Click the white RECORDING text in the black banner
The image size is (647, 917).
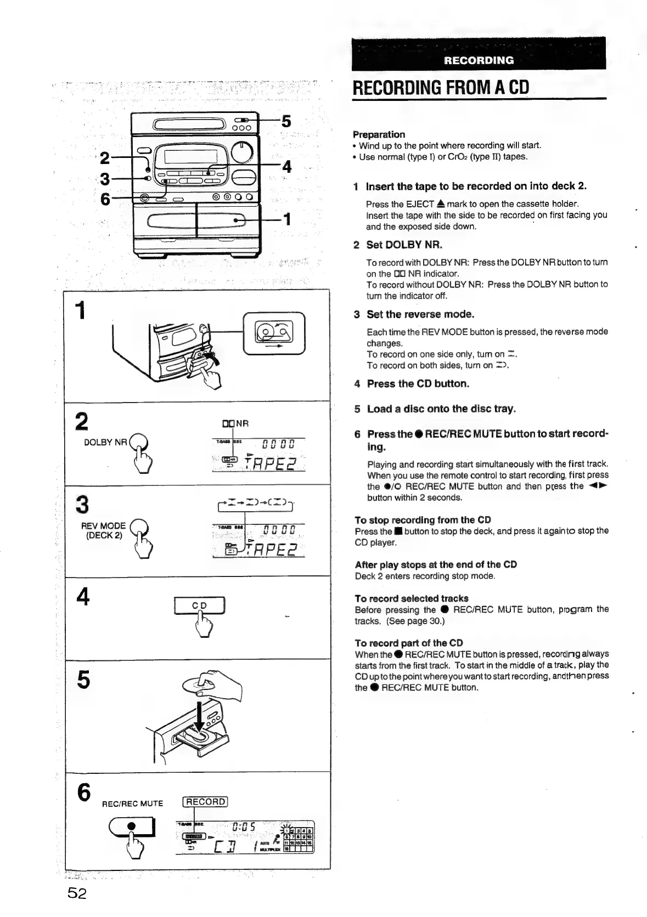point(479,60)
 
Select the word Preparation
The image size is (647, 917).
point(379,134)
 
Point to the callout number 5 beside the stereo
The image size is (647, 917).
point(286,121)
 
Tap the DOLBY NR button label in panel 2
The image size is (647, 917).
point(105,442)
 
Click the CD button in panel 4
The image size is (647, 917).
point(199,606)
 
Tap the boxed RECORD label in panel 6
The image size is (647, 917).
point(205,802)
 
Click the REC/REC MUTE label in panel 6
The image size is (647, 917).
point(133,803)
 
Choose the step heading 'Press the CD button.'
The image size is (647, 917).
point(418,384)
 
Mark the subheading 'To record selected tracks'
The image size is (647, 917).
point(412,598)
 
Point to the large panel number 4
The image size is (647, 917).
point(83,597)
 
